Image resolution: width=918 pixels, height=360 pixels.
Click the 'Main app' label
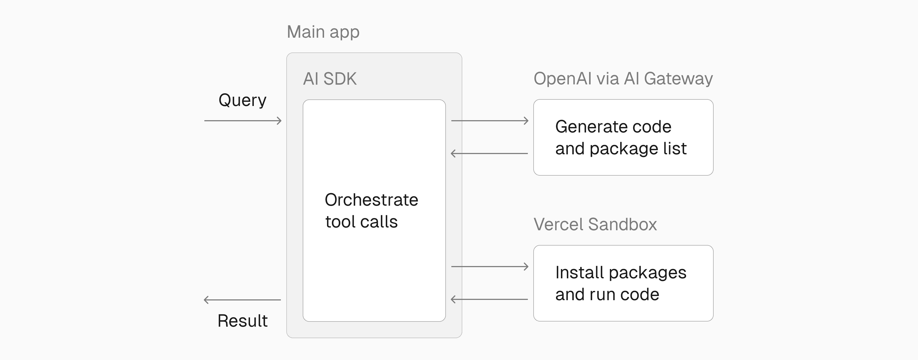(x=323, y=32)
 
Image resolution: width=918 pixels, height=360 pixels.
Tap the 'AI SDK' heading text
(x=330, y=79)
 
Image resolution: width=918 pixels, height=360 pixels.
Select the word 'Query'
(x=242, y=100)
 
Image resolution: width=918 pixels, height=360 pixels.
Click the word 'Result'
(x=242, y=321)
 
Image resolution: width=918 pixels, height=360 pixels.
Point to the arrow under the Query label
(x=243, y=121)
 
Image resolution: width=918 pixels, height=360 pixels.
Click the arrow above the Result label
(x=242, y=300)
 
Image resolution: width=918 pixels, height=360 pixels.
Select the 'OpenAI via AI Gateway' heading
(x=623, y=78)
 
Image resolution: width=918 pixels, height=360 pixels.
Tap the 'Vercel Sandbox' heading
(x=595, y=225)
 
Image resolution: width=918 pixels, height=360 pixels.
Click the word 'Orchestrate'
(x=371, y=200)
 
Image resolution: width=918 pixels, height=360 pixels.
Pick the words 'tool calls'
(x=361, y=222)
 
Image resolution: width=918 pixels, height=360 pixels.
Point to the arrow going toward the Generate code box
(x=490, y=121)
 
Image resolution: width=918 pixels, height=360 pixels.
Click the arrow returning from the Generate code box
(x=489, y=154)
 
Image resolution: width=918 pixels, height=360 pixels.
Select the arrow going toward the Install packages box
(x=490, y=266)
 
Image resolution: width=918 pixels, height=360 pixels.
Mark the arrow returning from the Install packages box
(x=489, y=299)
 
